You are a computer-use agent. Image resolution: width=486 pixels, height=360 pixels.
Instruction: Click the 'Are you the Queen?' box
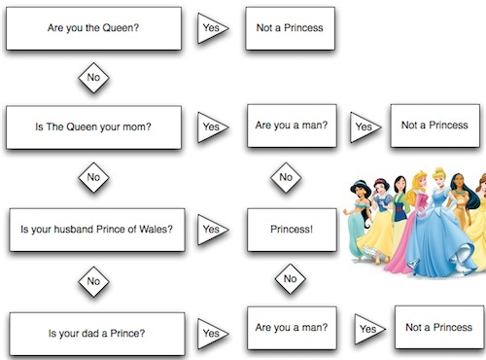94,28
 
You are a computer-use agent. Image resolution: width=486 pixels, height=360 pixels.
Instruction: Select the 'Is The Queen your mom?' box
94,126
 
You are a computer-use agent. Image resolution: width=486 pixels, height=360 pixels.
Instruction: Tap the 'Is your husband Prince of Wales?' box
94,231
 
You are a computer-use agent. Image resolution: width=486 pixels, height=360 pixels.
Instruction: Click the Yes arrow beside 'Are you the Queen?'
211,28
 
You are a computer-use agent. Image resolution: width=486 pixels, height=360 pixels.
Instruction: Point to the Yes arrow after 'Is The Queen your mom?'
211,126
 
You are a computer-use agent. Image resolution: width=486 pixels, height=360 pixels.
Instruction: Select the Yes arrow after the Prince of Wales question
211,231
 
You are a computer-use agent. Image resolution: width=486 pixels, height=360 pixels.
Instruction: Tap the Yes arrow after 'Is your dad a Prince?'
211,335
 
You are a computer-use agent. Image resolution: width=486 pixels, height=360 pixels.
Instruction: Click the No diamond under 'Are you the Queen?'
93,77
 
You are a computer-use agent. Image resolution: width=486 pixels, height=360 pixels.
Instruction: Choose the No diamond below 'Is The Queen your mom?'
93,178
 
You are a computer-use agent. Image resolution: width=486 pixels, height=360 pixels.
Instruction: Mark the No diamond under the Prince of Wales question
93,282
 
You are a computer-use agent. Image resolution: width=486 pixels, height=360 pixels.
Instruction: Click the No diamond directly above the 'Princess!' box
285,177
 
